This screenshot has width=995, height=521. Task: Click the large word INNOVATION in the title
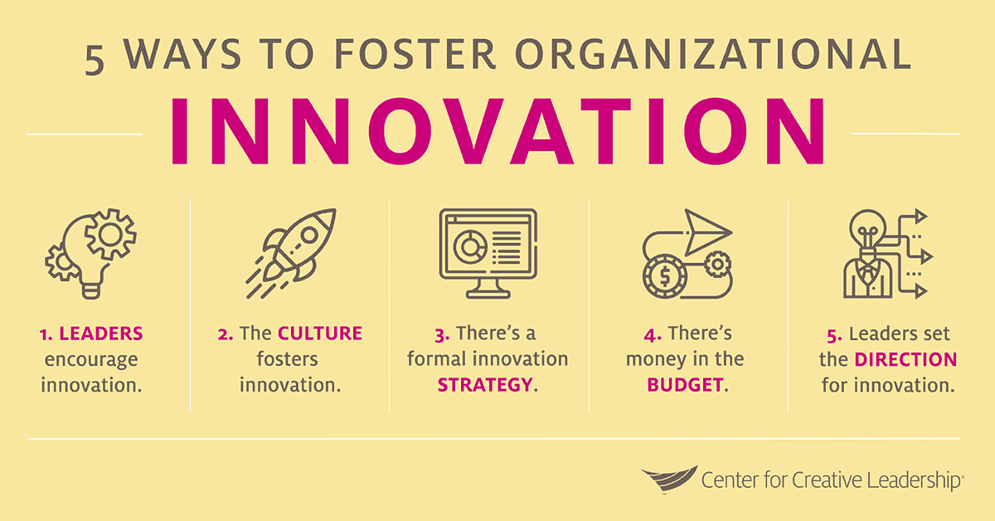click(498, 133)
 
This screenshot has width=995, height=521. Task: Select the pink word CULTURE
click(320, 334)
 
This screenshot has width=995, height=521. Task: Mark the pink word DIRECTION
click(906, 360)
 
